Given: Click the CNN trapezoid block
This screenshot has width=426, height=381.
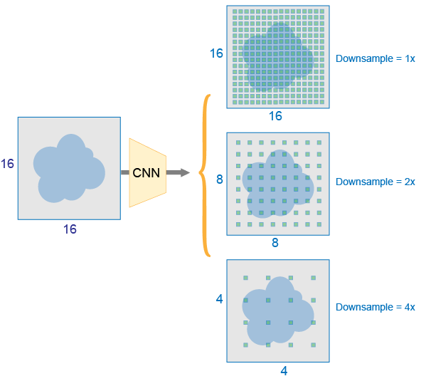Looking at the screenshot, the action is pos(147,173).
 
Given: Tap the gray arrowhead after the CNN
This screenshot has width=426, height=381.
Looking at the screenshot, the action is pos(185,172).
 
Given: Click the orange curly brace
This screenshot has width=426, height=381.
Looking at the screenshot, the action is pos(205,175).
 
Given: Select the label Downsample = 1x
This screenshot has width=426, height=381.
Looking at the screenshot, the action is pos(376,58).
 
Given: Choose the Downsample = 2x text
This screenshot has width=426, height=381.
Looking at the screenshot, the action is pos(376,182).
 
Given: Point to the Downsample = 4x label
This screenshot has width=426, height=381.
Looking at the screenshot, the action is pos(376,307).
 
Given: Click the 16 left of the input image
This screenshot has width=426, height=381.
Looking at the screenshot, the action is pos(7,164).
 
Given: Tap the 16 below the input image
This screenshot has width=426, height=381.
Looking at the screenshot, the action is pos(70,229).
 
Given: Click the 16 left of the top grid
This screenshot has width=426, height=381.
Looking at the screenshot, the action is pos(216,53).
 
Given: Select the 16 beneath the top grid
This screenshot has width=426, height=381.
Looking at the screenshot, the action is pos(275,116).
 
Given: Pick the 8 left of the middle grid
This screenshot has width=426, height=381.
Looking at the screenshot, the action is pos(220,179).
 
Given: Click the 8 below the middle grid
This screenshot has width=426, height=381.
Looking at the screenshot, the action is pos(275,242).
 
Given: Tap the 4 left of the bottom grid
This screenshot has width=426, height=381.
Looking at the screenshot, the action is pos(220,299).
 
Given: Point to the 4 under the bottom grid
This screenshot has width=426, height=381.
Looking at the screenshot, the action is pos(284,371).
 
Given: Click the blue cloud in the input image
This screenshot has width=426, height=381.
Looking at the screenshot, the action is pos(69,169).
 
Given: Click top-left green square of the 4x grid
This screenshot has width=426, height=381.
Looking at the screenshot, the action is pos(245,278).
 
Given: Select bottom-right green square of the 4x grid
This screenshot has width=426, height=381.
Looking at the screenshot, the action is pos(313,345).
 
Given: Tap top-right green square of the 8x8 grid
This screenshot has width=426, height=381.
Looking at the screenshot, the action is pos(319,142).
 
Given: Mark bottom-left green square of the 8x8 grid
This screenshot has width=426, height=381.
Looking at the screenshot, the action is pos(238,224).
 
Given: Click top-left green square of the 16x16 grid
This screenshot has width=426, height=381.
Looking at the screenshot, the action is pos(235,11).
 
